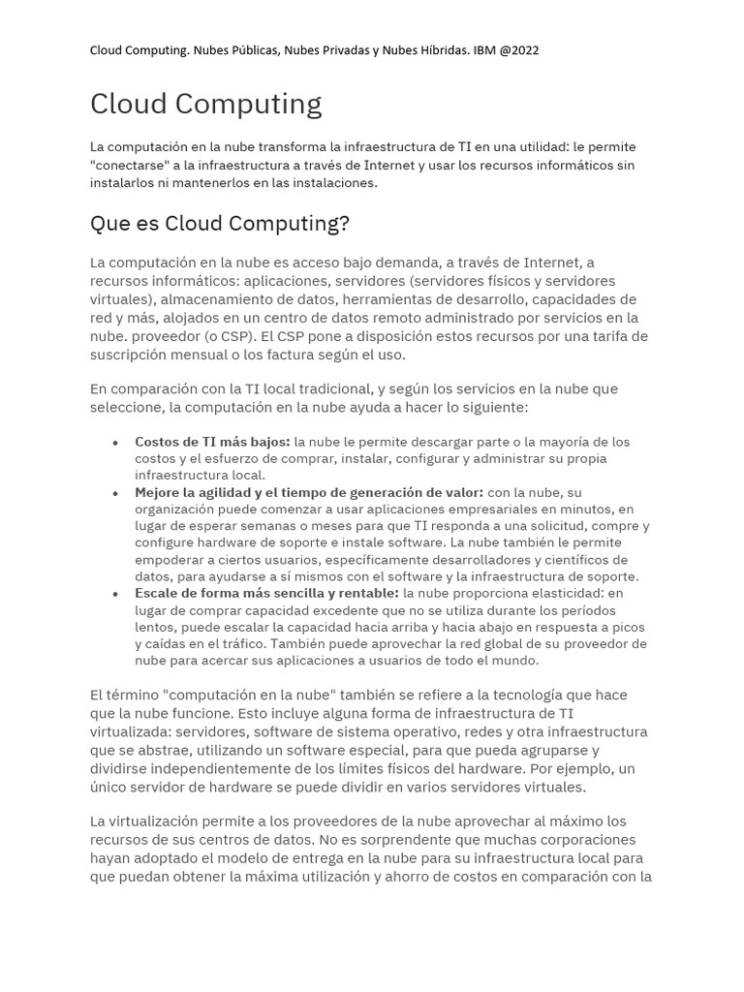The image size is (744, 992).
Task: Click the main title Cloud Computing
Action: coord(205,104)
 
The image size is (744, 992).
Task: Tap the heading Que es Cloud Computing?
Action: coord(219,224)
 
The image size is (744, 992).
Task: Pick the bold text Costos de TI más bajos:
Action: coord(212,442)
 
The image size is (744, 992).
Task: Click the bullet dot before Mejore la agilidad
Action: coord(115,493)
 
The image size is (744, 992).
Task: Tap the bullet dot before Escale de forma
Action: coord(115,594)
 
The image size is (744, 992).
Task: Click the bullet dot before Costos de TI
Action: coord(115,443)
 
